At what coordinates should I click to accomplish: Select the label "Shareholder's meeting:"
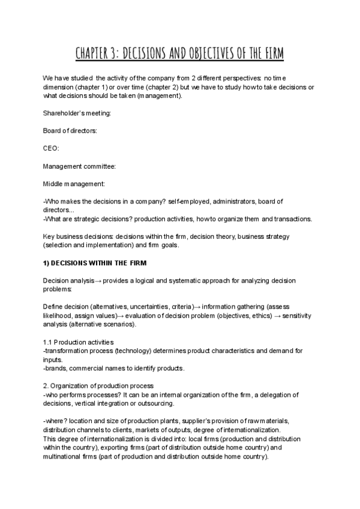click(76, 113)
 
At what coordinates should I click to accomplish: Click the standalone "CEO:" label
click(52, 148)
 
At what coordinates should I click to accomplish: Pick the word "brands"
click(55, 368)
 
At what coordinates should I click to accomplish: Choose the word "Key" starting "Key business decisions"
click(49, 236)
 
